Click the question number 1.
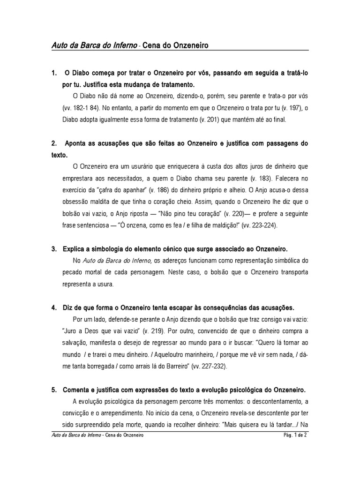pos(53,74)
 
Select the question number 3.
pos(53,248)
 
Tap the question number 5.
pos(53,390)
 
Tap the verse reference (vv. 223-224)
pos(260,225)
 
